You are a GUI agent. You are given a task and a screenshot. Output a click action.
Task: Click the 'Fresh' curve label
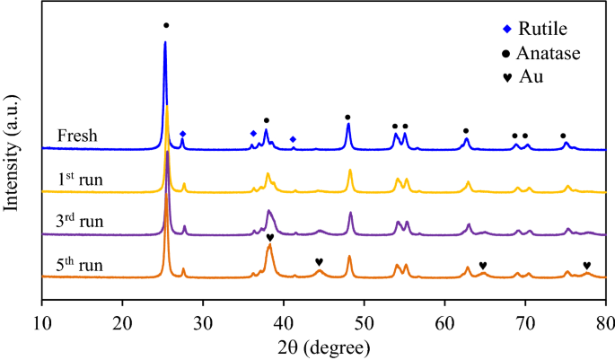point(77,136)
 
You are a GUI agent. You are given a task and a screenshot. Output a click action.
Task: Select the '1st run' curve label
point(77,180)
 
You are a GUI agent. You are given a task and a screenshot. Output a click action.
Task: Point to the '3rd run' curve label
point(78,222)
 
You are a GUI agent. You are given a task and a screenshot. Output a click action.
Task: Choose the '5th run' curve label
point(78,265)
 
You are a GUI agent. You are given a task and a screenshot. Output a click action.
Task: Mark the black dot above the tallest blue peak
point(165,25)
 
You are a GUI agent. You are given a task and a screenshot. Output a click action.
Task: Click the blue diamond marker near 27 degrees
point(183,134)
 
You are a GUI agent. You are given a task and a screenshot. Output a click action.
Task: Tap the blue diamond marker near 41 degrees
point(293,139)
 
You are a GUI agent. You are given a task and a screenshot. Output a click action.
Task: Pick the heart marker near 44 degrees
point(319,262)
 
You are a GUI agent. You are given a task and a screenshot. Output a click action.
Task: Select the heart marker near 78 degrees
point(587,265)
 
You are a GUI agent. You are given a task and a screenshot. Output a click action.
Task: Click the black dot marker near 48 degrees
point(347,118)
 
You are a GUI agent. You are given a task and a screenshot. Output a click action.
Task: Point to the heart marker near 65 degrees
point(483,265)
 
